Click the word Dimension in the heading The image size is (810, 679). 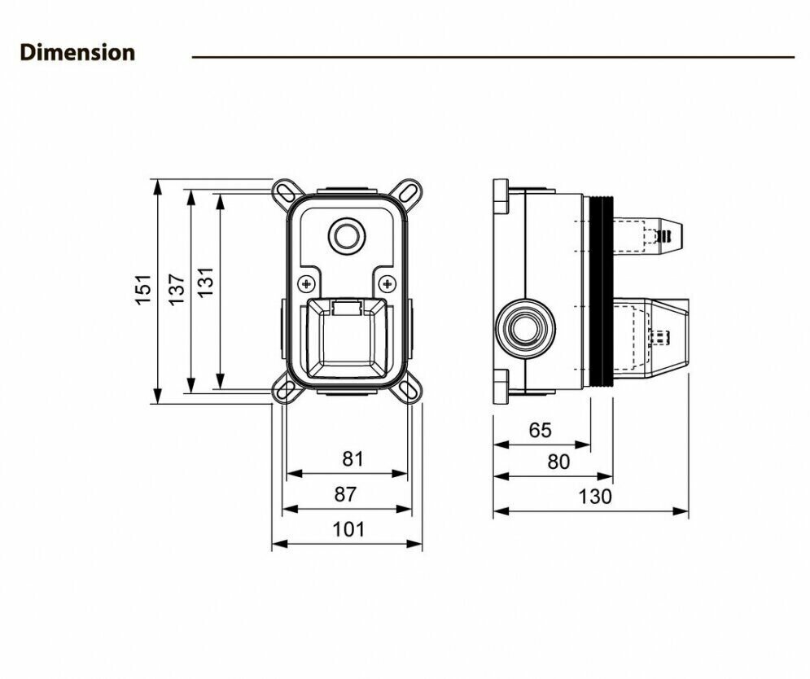(x=77, y=53)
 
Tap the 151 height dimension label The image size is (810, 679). (x=144, y=290)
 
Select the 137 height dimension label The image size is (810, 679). (x=177, y=290)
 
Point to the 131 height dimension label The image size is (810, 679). (x=207, y=282)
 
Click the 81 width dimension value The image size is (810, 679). (x=352, y=459)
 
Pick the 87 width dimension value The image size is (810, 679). (x=345, y=494)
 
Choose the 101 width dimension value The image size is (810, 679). (x=349, y=529)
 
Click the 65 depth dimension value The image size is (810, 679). (x=540, y=430)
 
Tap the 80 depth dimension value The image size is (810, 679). (x=558, y=462)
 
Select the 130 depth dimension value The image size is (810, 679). (x=596, y=496)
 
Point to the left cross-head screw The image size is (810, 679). (x=307, y=284)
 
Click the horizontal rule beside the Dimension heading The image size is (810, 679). (x=493, y=57)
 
